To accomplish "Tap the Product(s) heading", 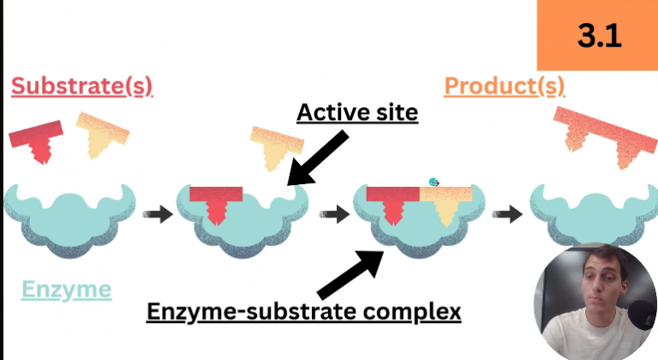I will click(x=505, y=86).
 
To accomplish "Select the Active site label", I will click(x=356, y=112).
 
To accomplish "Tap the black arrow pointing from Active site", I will click(x=317, y=159).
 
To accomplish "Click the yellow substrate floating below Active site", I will click(x=276, y=147).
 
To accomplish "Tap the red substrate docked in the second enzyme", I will click(x=215, y=202).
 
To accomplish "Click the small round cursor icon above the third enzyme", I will click(x=434, y=182).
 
